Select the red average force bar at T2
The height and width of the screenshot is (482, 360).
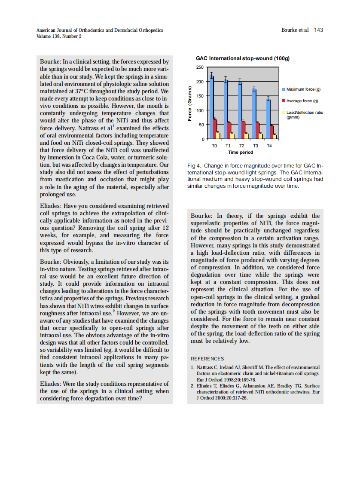point(243,130)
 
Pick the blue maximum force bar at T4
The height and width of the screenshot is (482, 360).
point(268,119)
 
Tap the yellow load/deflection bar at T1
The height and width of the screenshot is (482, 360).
point(232,136)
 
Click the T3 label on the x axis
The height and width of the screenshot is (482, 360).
point(255,146)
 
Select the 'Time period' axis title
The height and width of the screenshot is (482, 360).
point(241,152)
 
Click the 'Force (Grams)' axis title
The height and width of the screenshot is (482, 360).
point(189,103)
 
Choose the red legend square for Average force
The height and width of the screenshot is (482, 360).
point(283,101)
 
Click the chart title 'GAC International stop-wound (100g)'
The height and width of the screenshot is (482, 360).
point(243,58)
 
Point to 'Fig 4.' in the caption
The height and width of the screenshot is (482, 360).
point(194,166)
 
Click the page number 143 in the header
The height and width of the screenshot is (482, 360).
point(318,30)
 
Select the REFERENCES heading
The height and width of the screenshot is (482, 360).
point(207,358)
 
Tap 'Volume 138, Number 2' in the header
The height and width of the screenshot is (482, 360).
point(59,36)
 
